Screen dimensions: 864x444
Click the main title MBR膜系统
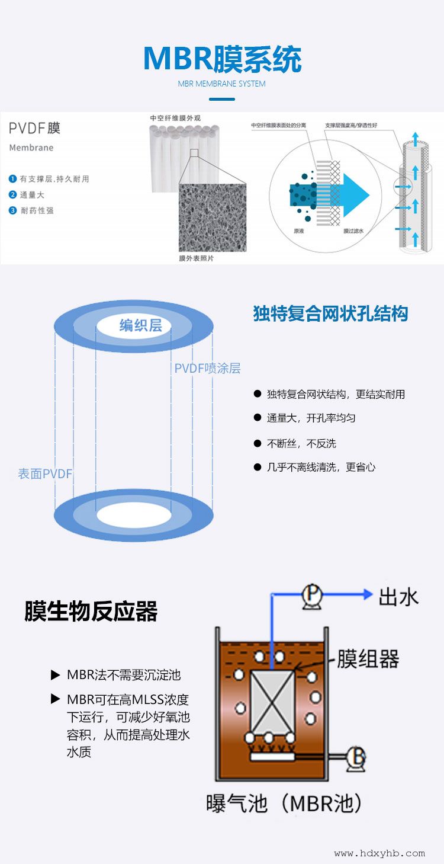click(x=222, y=59)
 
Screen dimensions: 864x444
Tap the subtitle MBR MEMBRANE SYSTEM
click(x=222, y=84)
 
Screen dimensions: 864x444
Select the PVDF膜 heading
click(x=34, y=128)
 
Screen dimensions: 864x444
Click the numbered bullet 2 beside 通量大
click(x=12, y=194)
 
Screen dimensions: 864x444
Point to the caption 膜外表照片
click(x=197, y=258)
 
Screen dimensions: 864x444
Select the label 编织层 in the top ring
click(x=141, y=325)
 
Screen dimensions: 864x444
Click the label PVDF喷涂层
click(x=207, y=369)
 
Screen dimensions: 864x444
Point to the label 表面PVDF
click(x=45, y=474)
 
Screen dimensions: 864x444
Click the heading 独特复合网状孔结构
click(x=330, y=313)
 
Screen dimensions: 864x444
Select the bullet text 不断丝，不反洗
click(x=301, y=443)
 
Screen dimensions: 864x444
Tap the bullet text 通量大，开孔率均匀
click(x=311, y=418)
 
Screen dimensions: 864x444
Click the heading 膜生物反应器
click(x=91, y=612)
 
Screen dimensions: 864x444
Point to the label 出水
click(x=398, y=596)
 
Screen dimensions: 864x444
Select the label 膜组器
click(x=368, y=658)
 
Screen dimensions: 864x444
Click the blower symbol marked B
click(x=356, y=756)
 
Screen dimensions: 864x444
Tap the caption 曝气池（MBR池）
click(x=284, y=804)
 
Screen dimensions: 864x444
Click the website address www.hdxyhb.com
click(x=379, y=853)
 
